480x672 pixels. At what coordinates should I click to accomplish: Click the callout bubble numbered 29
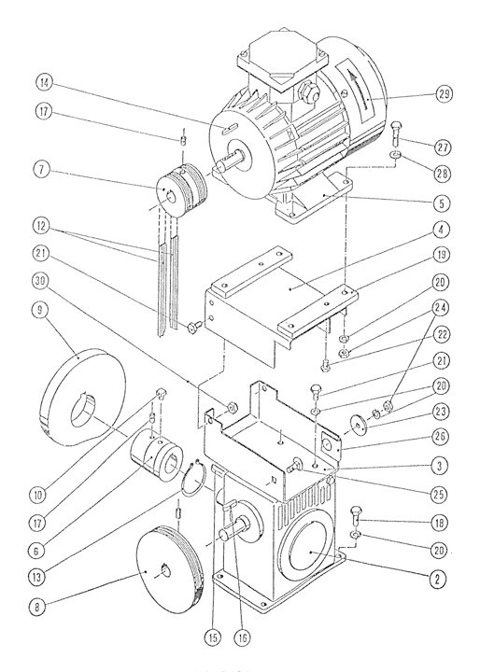pyautogui.click(x=445, y=93)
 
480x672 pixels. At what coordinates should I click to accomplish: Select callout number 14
pyautogui.click(x=44, y=83)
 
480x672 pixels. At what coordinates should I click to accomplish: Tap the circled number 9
pyautogui.click(x=40, y=310)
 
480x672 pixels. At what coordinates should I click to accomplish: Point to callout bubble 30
pyautogui.click(x=40, y=281)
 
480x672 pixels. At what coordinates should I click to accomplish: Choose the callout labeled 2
pyautogui.click(x=437, y=579)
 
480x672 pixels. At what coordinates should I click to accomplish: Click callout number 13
pyautogui.click(x=37, y=577)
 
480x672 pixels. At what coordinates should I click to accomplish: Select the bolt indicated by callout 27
pyautogui.click(x=396, y=133)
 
